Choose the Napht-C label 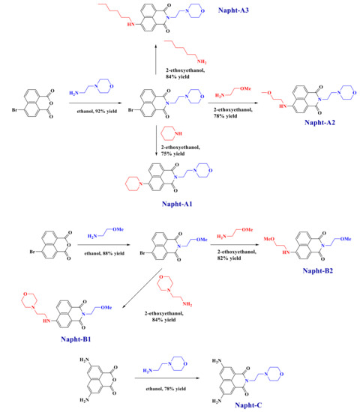(x=245, y=403)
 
